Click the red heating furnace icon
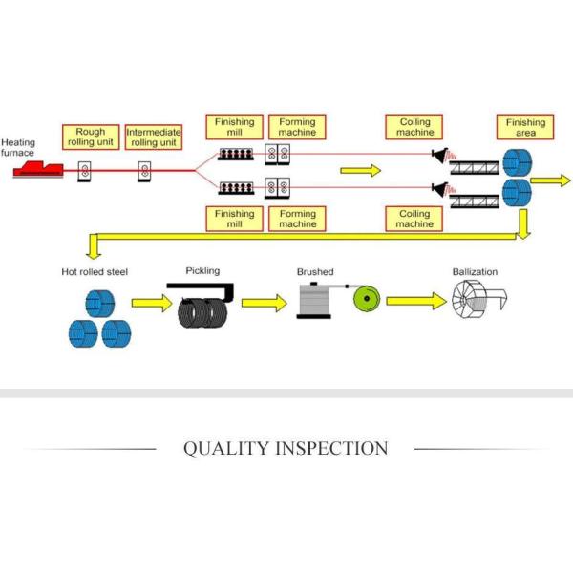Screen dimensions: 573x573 [38, 170]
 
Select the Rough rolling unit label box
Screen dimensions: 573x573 [91, 137]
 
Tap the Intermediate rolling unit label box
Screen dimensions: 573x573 [154, 137]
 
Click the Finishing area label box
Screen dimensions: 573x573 [525, 127]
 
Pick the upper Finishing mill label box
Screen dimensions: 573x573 [234, 127]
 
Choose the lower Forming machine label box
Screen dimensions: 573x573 [297, 219]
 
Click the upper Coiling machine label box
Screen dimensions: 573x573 [414, 127]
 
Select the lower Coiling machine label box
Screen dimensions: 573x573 [414, 219]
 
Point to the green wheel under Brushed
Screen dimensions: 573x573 [367, 299]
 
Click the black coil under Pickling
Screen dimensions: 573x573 [202, 313]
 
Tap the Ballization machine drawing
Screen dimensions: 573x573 [478, 299]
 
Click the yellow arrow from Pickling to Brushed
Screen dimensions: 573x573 [265, 303]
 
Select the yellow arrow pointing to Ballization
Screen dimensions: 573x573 [416, 301]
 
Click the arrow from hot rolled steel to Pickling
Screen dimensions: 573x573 [152, 303]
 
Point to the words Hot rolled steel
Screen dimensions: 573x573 [95, 272]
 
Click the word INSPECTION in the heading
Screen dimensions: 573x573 [331, 449]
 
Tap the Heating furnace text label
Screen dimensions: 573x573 [18, 147]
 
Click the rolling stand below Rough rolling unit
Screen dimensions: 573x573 [84, 171]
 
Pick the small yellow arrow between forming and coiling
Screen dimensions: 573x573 [360, 171]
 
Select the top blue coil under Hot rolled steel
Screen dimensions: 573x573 [99, 304]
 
